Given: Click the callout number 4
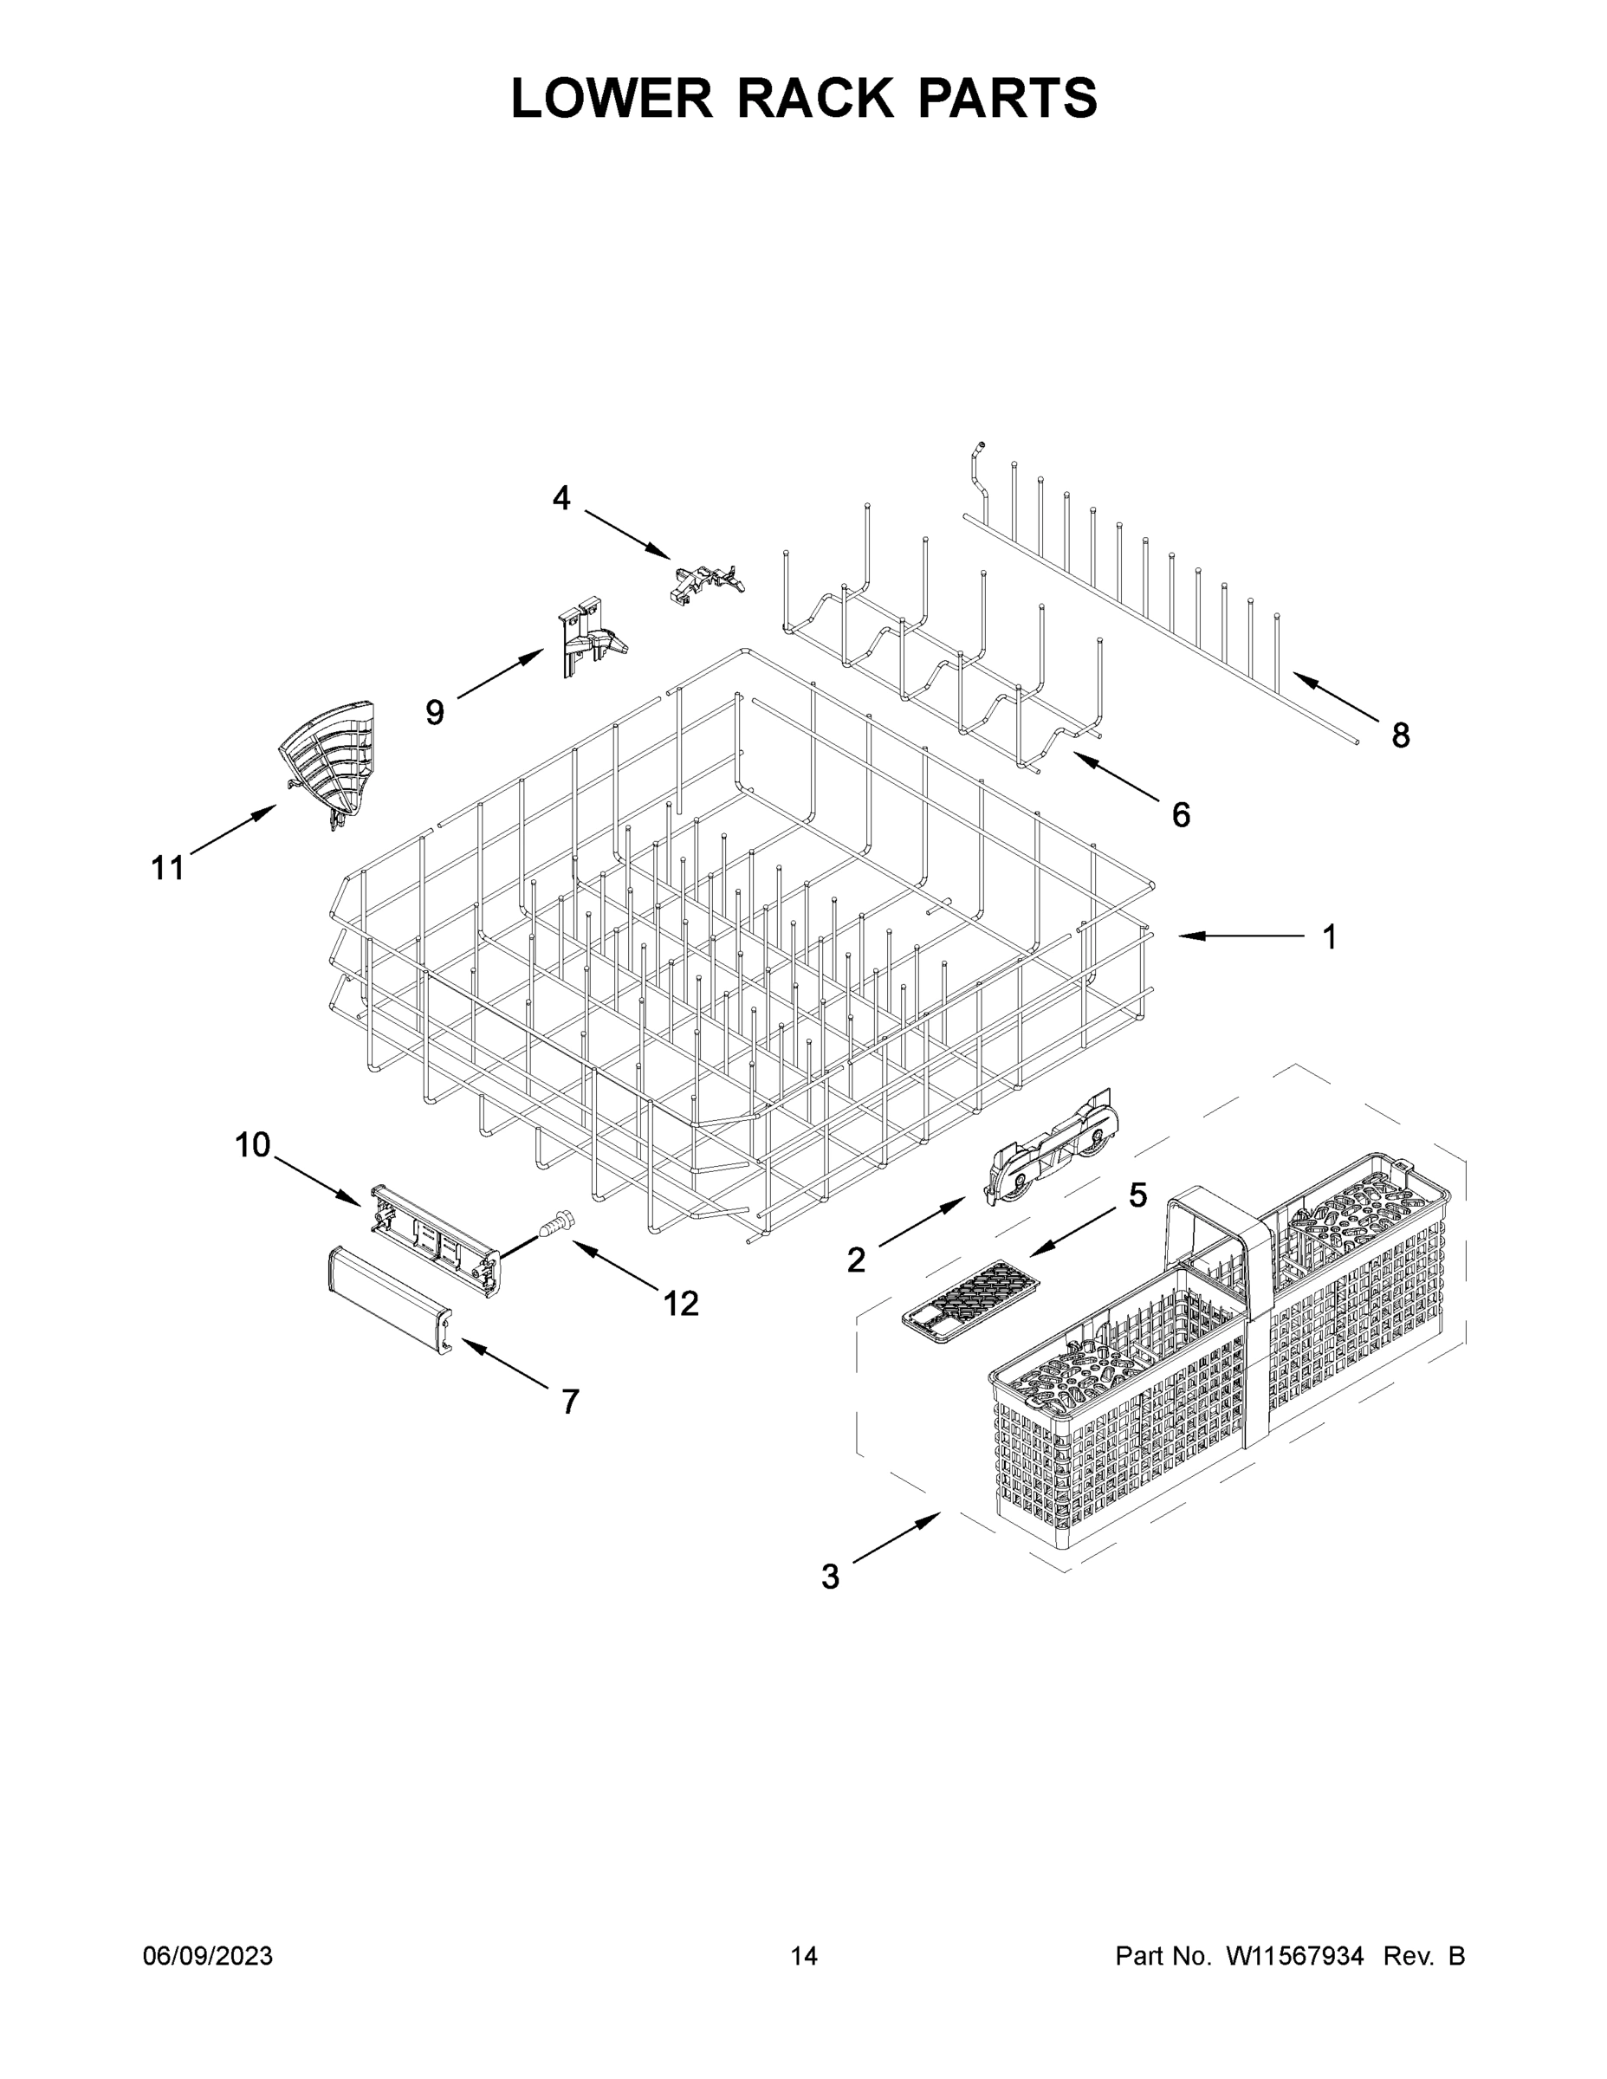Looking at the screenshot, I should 561,497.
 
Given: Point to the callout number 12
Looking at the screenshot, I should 681,1303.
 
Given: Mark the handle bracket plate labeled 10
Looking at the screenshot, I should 434,1238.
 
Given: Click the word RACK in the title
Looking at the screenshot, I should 816,98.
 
